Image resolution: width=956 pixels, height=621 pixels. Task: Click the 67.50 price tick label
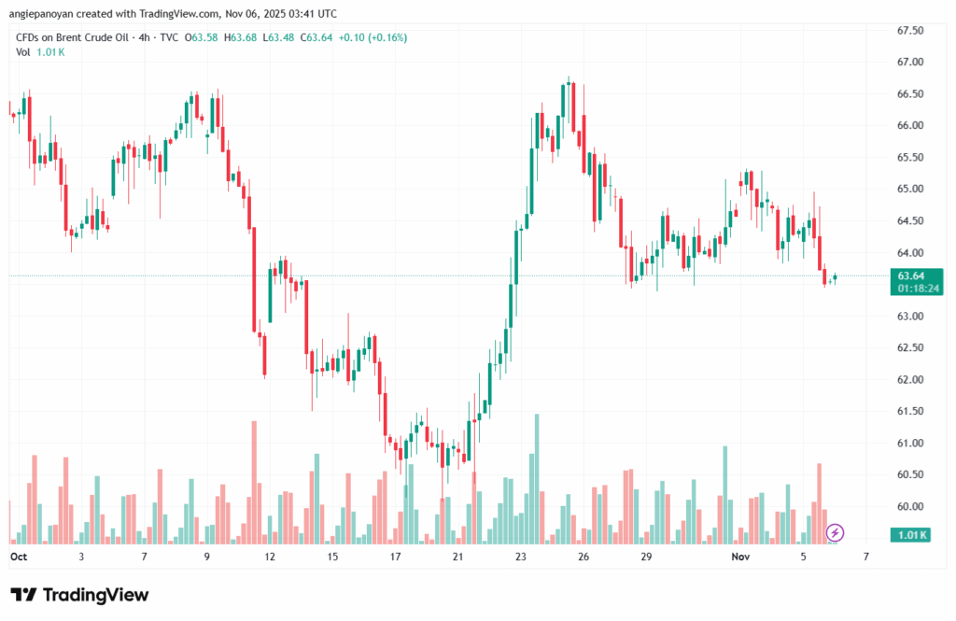tap(909, 31)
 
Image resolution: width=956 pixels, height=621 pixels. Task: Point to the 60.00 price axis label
tap(909, 507)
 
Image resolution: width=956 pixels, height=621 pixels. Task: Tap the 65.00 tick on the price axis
tap(909, 190)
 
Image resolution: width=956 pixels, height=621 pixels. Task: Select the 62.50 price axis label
tap(909, 348)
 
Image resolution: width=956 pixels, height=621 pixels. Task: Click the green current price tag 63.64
tap(910, 276)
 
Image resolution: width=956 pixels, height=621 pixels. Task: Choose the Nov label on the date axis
tap(740, 557)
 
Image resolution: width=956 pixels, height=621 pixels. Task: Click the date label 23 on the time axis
tap(521, 557)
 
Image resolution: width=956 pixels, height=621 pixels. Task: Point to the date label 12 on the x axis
tap(270, 557)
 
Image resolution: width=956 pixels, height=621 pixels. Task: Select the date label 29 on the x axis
tap(645, 557)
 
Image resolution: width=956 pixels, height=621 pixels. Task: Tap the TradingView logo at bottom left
tap(79, 595)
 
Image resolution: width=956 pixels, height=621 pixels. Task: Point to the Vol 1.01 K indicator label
tap(40, 52)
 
